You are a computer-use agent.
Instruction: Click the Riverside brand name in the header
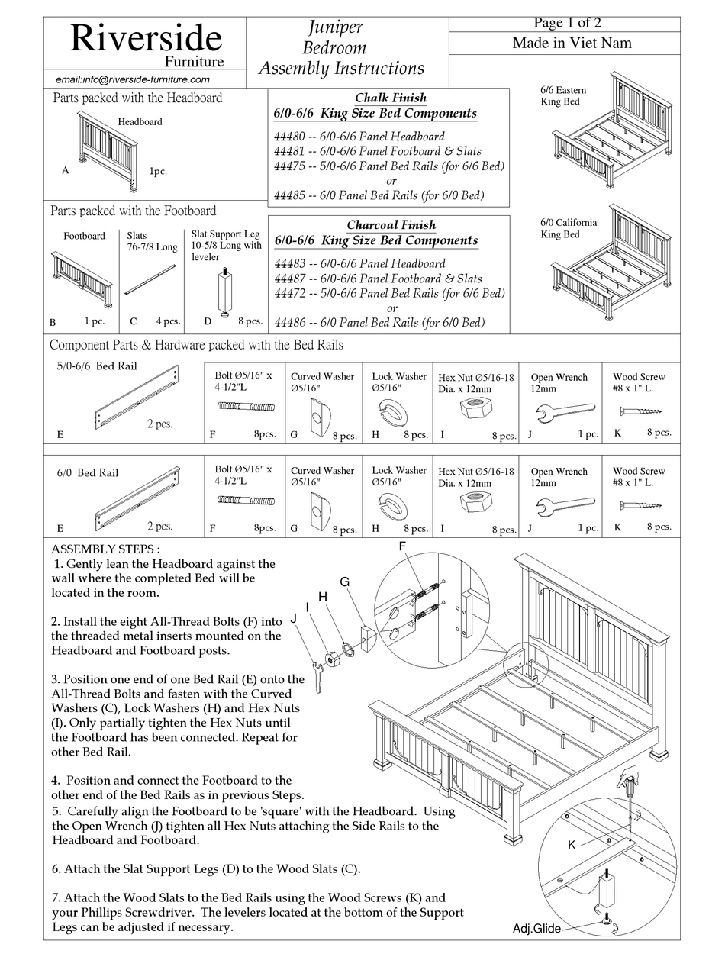tap(146, 37)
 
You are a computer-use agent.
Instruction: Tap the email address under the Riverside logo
tap(133, 79)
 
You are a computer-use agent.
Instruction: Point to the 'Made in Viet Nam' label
tap(572, 43)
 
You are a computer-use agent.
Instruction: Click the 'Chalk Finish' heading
tap(391, 98)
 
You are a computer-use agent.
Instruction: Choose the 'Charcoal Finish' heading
tap(391, 225)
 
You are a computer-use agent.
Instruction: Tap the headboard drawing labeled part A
tap(107, 148)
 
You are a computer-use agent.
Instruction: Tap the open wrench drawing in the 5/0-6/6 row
tap(565, 412)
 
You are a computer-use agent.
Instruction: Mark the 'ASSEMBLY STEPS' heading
tap(105, 549)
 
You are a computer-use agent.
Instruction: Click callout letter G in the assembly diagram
tap(345, 582)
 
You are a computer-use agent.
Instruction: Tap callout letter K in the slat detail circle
tap(572, 845)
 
